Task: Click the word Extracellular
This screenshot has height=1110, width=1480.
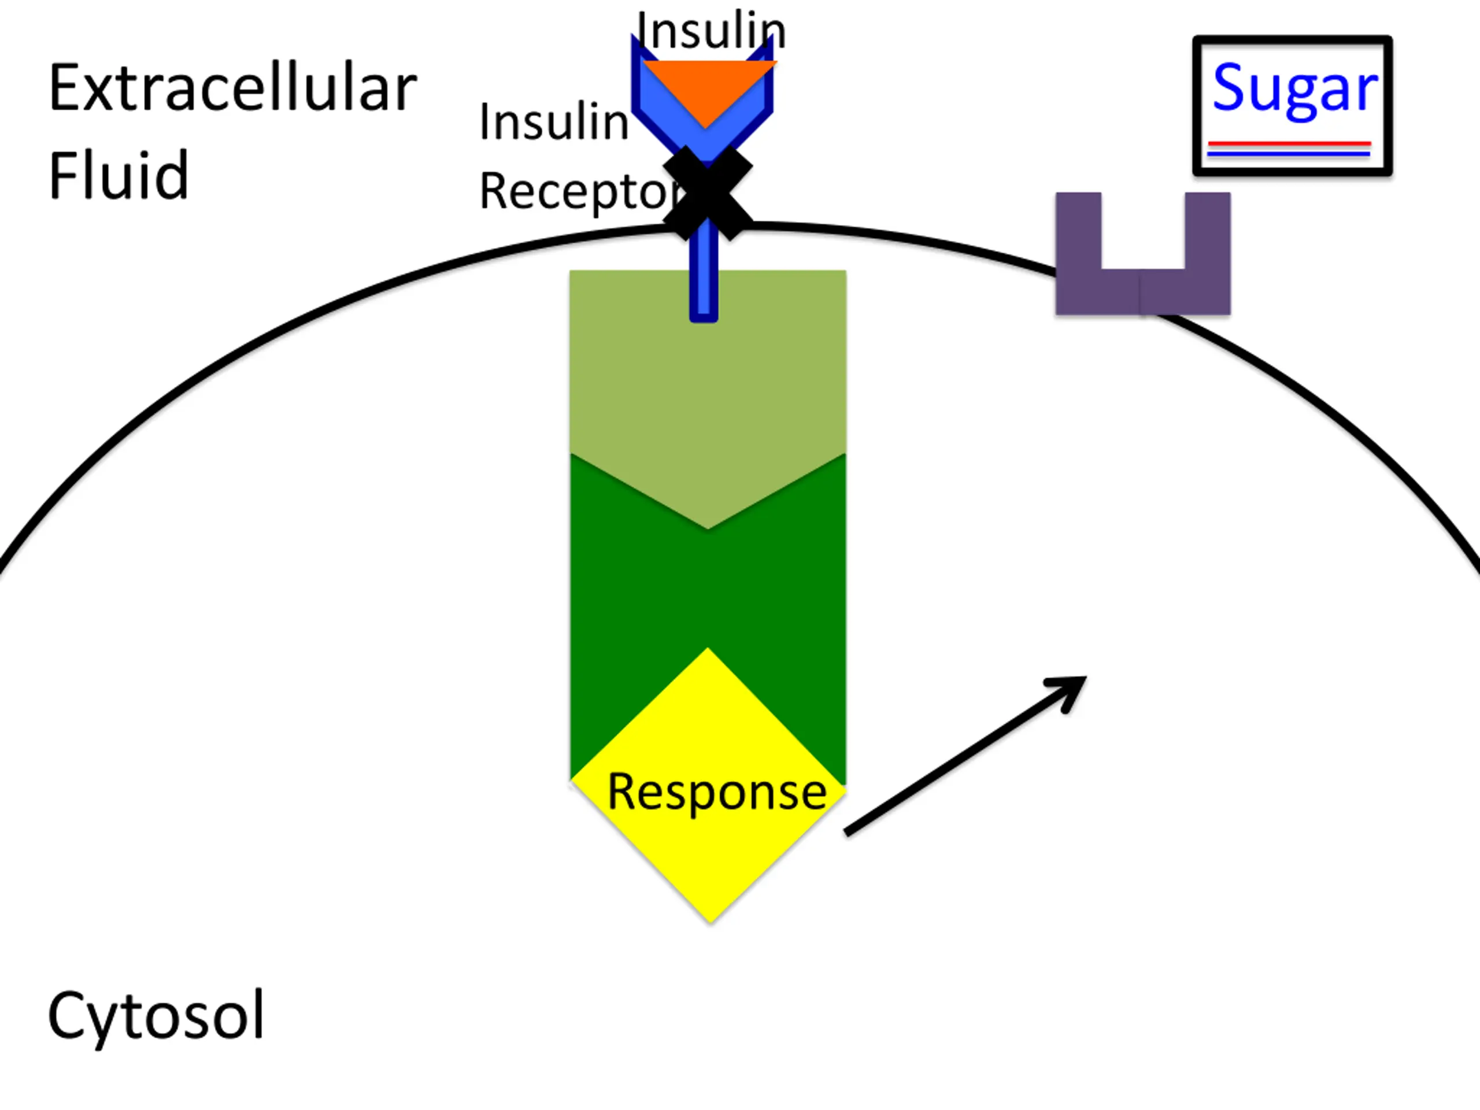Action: pos(232,88)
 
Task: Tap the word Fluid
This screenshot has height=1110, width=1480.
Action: pos(119,175)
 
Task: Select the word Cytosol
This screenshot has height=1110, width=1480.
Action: pos(156,1016)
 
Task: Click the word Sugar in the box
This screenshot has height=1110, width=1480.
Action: pos(1294,89)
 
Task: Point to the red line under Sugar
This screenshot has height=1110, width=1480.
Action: pos(1289,143)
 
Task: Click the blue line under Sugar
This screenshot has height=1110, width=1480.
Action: pos(1289,154)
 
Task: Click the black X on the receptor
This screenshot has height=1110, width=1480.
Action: pos(708,193)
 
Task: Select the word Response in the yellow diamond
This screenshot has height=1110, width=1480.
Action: pos(716,791)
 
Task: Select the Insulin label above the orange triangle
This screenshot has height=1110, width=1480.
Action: pos(711,31)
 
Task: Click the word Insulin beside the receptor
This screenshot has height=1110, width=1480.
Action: pos(554,122)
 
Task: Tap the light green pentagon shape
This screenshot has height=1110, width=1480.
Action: pos(708,382)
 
